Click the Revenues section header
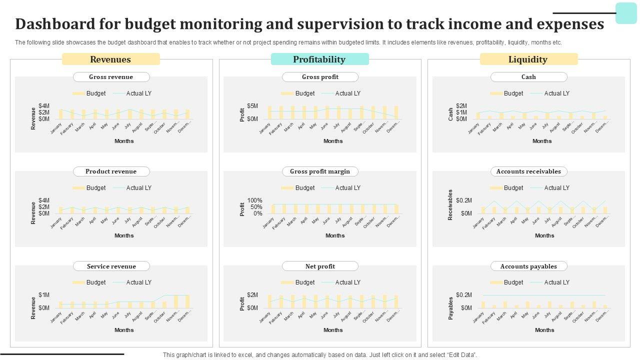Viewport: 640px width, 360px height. click(110, 59)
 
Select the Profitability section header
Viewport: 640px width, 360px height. click(319, 59)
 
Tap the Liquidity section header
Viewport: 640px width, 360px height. click(528, 59)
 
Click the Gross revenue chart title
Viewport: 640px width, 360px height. click(111, 77)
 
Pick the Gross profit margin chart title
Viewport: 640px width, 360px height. click(320, 171)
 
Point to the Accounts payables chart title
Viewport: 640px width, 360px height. click(528, 266)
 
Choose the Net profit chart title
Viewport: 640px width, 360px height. click(320, 266)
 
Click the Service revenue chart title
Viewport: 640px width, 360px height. click(111, 266)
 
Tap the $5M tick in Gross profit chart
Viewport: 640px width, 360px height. click(252, 106)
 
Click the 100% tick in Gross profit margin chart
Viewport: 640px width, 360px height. click(254, 200)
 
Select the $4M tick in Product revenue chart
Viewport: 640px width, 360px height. click(44, 200)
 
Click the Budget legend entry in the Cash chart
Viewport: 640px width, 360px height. click(507, 93)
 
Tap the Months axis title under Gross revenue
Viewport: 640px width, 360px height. click(124, 141)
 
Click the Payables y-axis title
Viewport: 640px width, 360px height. click(450, 308)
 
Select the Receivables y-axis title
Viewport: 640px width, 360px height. click(450, 204)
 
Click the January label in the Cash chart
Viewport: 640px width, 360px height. click(473, 128)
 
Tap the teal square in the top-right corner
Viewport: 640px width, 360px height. click(626, 13)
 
